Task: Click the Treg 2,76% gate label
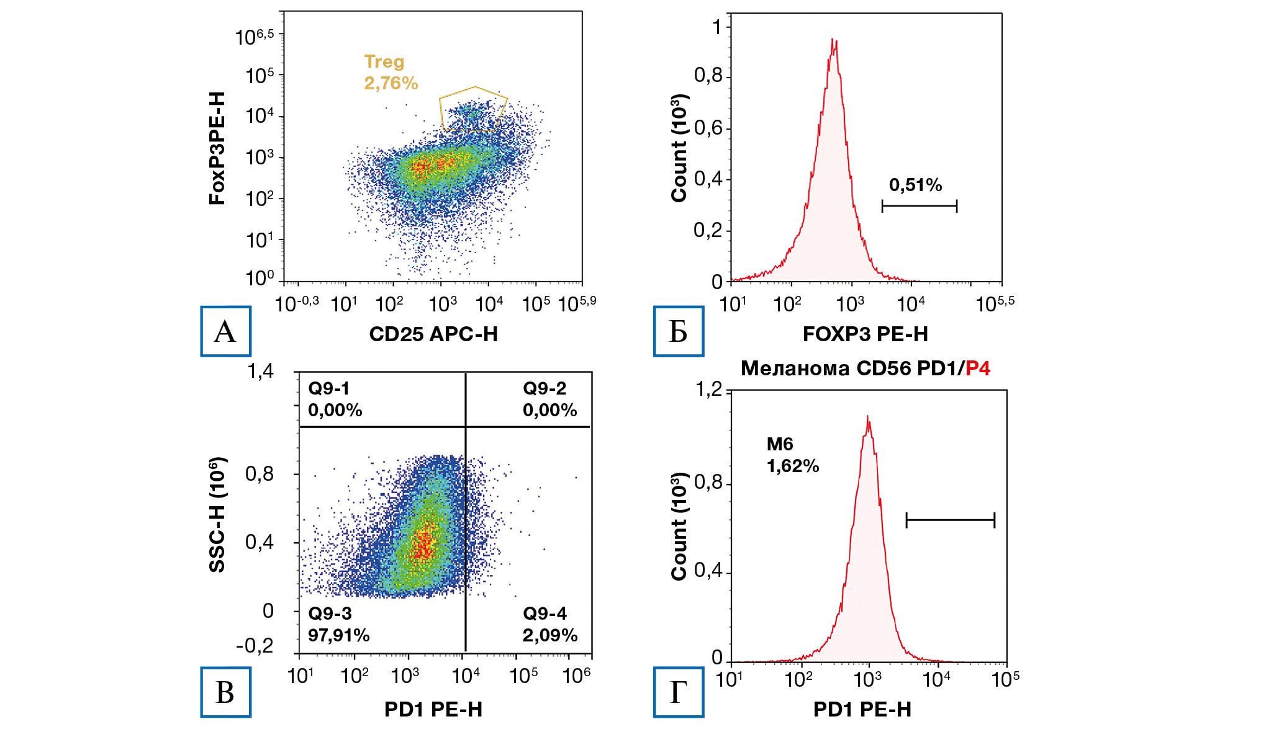click(x=391, y=73)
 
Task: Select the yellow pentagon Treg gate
click(x=473, y=109)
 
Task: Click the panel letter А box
click(x=225, y=331)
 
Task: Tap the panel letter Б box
click(x=678, y=331)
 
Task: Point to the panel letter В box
click(x=225, y=692)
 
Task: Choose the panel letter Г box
click(x=678, y=692)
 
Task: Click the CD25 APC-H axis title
click(x=433, y=334)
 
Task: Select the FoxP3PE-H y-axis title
click(x=217, y=148)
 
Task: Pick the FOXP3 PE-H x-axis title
click(x=865, y=334)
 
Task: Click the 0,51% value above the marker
click(x=915, y=185)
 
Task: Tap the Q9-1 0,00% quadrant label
click(x=335, y=399)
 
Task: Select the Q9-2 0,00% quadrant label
click(x=549, y=399)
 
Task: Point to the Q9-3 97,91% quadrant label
click(x=338, y=624)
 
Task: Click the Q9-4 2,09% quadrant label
click(x=549, y=624)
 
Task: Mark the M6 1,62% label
click(x=792, y=455)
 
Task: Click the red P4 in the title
click(x=978, y=368)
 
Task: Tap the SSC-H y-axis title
click(x=217, y=514)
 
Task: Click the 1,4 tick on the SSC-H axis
click(x=260, y=371)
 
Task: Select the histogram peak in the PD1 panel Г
click(x=867, y=418)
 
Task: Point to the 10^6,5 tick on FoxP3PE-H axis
click(x=255, y=37)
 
